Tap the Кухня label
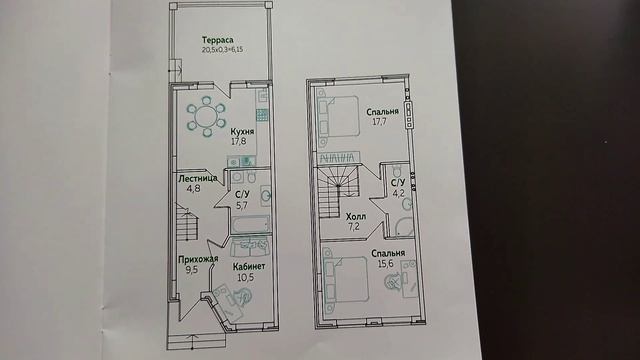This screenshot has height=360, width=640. (241, 131)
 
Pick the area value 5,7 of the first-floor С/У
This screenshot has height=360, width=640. (241, 206)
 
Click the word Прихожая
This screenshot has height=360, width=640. (199, 259)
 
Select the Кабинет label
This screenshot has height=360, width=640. (249, 267)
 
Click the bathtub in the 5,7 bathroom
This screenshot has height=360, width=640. (246, 225)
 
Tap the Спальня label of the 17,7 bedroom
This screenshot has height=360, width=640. (381, 112)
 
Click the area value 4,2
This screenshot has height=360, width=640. (397, 193)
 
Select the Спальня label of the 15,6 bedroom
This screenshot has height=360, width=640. (387, 253)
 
